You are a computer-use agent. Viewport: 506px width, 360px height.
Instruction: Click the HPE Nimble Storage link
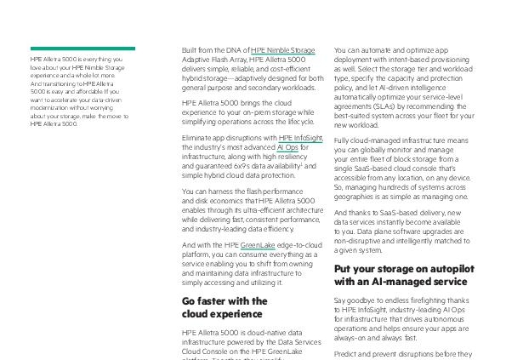coord(282,51)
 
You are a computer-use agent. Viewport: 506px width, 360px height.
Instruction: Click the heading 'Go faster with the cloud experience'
coord(225,307)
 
